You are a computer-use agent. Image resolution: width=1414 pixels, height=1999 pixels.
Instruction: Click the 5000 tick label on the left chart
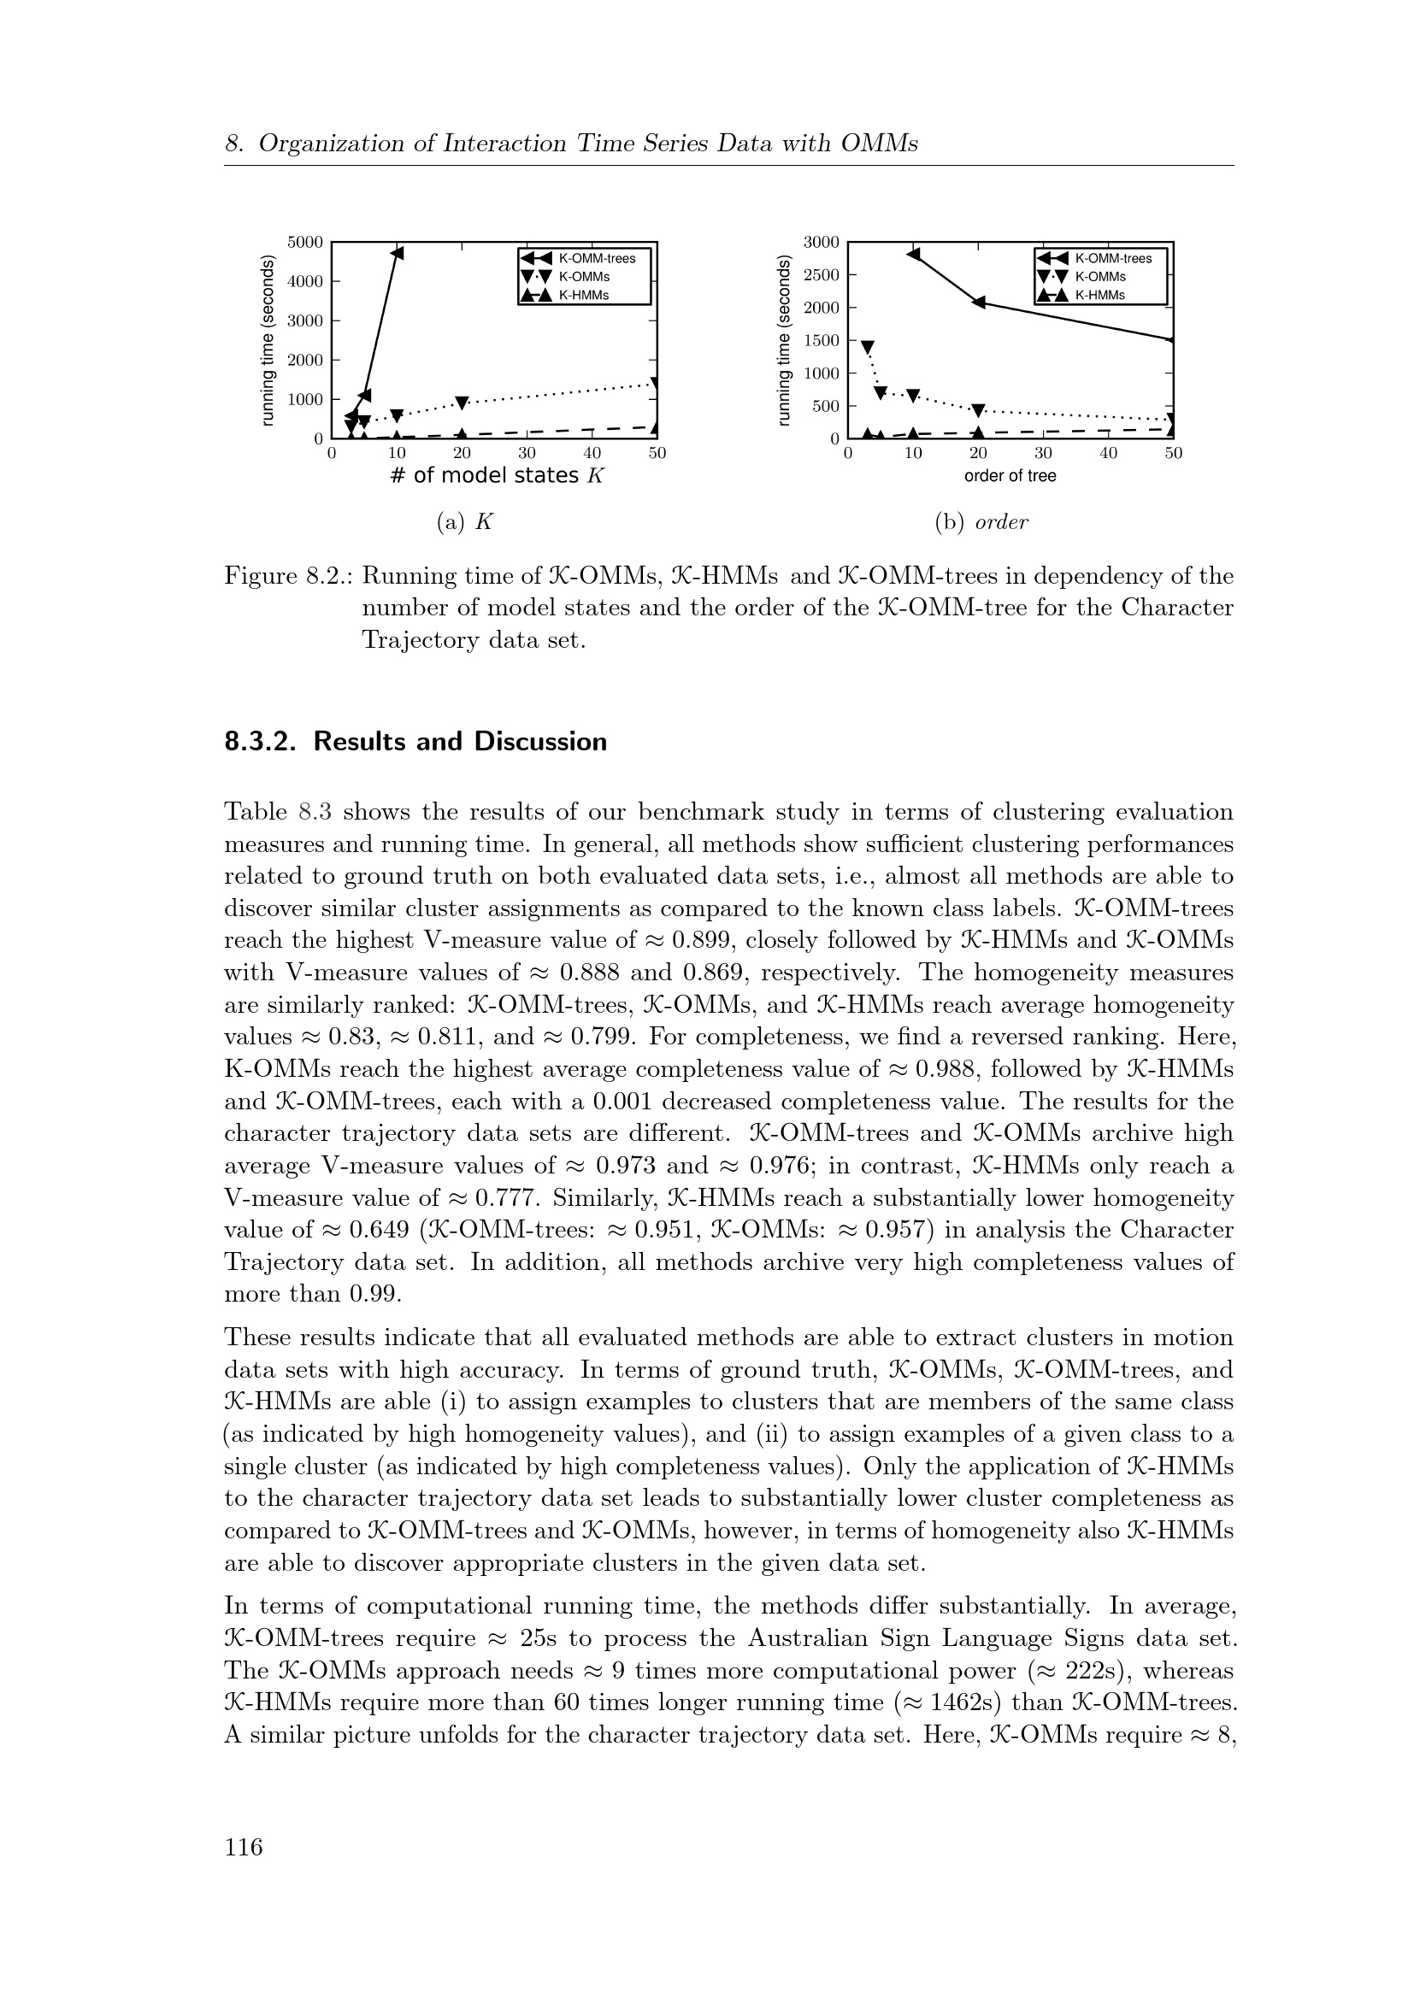click(305, 241)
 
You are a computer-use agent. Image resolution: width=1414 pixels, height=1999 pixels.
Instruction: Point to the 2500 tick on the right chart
click(822, 275)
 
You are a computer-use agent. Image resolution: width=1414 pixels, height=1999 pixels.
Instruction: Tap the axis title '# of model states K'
click(498, 475)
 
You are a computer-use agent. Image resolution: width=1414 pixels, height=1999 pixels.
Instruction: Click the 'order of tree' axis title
click(1010, 476)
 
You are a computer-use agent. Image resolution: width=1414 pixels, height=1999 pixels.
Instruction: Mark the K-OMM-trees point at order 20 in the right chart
click(979, 302)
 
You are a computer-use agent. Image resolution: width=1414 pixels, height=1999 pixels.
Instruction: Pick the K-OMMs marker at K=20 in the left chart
click(462, 403)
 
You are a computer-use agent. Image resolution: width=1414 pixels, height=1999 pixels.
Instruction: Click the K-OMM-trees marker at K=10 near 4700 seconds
click(397, 253)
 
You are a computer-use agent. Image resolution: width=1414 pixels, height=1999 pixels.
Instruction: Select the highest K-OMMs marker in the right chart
click(867, 346)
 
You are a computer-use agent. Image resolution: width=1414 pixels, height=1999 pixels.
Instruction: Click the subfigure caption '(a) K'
click(465, 522)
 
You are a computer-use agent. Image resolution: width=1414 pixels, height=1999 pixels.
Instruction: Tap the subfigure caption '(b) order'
click(981, 522)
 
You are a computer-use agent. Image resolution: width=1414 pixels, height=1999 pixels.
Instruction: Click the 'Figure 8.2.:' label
click(287, 576)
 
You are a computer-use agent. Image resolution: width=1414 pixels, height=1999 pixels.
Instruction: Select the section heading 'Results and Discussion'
click(460, 742)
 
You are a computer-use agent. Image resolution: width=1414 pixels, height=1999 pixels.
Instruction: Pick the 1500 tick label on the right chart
click(822, 340)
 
